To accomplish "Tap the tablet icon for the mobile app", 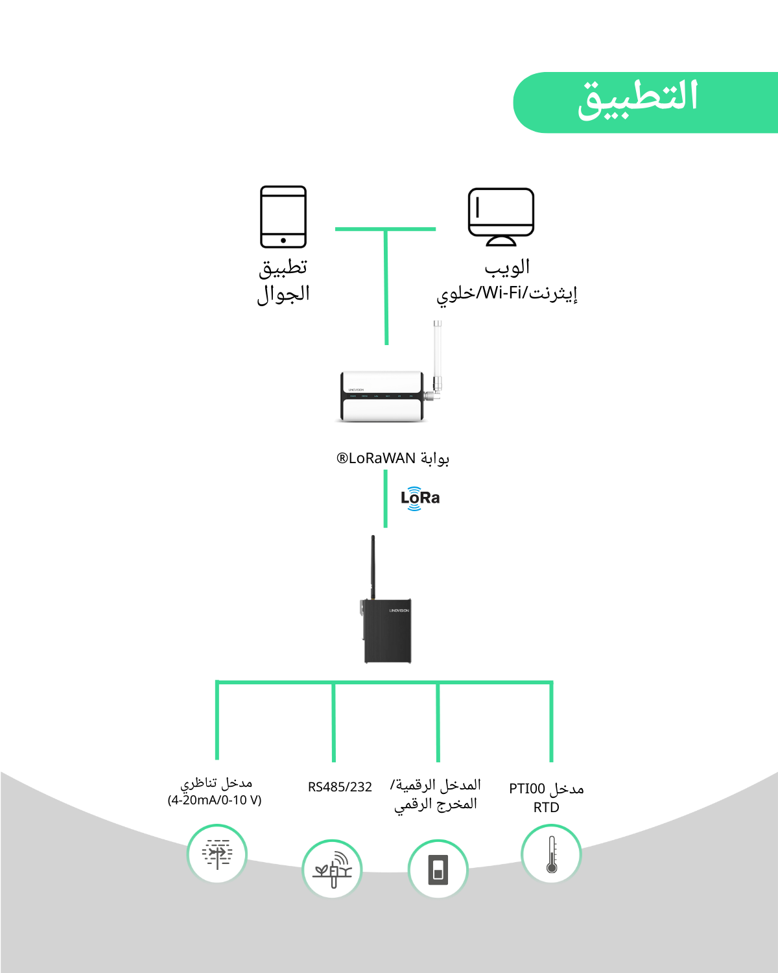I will [283, 217].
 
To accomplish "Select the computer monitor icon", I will [501, 217].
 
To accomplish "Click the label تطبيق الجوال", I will [283, 280].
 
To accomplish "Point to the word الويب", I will [507, 267].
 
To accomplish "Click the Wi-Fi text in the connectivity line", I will [502, 293].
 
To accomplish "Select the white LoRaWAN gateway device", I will [383, 396].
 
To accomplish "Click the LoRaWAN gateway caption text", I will [393, 459].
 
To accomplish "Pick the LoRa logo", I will [419, 498].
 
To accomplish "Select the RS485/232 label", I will [340, 787].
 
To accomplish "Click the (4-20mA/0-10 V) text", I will [215, 800].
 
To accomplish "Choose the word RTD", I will [546, 808].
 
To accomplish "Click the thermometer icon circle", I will [551, 854].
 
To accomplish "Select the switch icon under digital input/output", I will [438, 869].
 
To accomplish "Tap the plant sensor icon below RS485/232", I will [332, 869].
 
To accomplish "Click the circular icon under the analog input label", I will [217, 854].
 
